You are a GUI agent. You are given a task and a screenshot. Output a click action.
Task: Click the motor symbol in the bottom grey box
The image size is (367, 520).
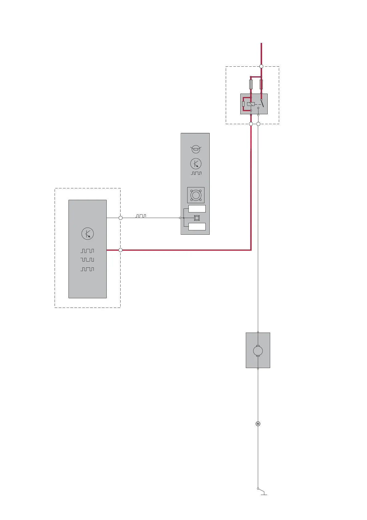click(258, 351)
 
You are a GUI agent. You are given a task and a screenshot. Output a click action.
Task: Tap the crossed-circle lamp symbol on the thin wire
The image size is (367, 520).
click(258, 424)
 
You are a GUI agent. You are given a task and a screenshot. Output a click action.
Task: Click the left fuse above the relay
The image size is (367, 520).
click(251, 84)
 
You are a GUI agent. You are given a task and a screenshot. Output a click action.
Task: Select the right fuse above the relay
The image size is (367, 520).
click(261, 84)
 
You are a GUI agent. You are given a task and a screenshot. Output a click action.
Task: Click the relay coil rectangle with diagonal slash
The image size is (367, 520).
click(251, 104)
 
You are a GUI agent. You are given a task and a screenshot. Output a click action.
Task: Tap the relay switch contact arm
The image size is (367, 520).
click(262, 103)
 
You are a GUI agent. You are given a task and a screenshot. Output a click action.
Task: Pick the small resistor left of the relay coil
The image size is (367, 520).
click(243, 104)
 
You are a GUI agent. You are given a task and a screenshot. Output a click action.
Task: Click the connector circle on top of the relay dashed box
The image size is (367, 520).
click(261, 66)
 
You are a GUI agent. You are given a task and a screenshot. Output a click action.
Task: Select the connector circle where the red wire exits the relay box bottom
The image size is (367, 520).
click(251, 124)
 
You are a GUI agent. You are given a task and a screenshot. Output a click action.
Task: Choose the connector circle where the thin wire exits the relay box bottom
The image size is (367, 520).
click(258, 124)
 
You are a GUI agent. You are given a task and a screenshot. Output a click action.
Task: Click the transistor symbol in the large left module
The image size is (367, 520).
click(88, 234)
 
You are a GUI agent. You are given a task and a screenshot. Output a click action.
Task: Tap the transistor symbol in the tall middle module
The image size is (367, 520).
click(196, 164)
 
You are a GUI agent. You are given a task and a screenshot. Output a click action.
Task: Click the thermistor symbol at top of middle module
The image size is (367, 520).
click(196, 149)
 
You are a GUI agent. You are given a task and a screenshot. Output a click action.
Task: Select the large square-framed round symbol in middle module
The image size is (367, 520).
click(196, 195)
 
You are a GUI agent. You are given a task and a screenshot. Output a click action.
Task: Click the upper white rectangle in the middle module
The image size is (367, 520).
click(197, 209)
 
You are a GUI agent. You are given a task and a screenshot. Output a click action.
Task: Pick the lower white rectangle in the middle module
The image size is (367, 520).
click(197, 227)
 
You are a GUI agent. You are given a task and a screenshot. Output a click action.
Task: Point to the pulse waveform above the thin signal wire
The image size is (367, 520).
click(141, 216)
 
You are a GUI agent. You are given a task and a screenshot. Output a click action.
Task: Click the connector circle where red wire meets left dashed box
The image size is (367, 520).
click(121, 250)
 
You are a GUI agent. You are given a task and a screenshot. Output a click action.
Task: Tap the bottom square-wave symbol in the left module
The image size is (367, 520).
click(87, 269)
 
